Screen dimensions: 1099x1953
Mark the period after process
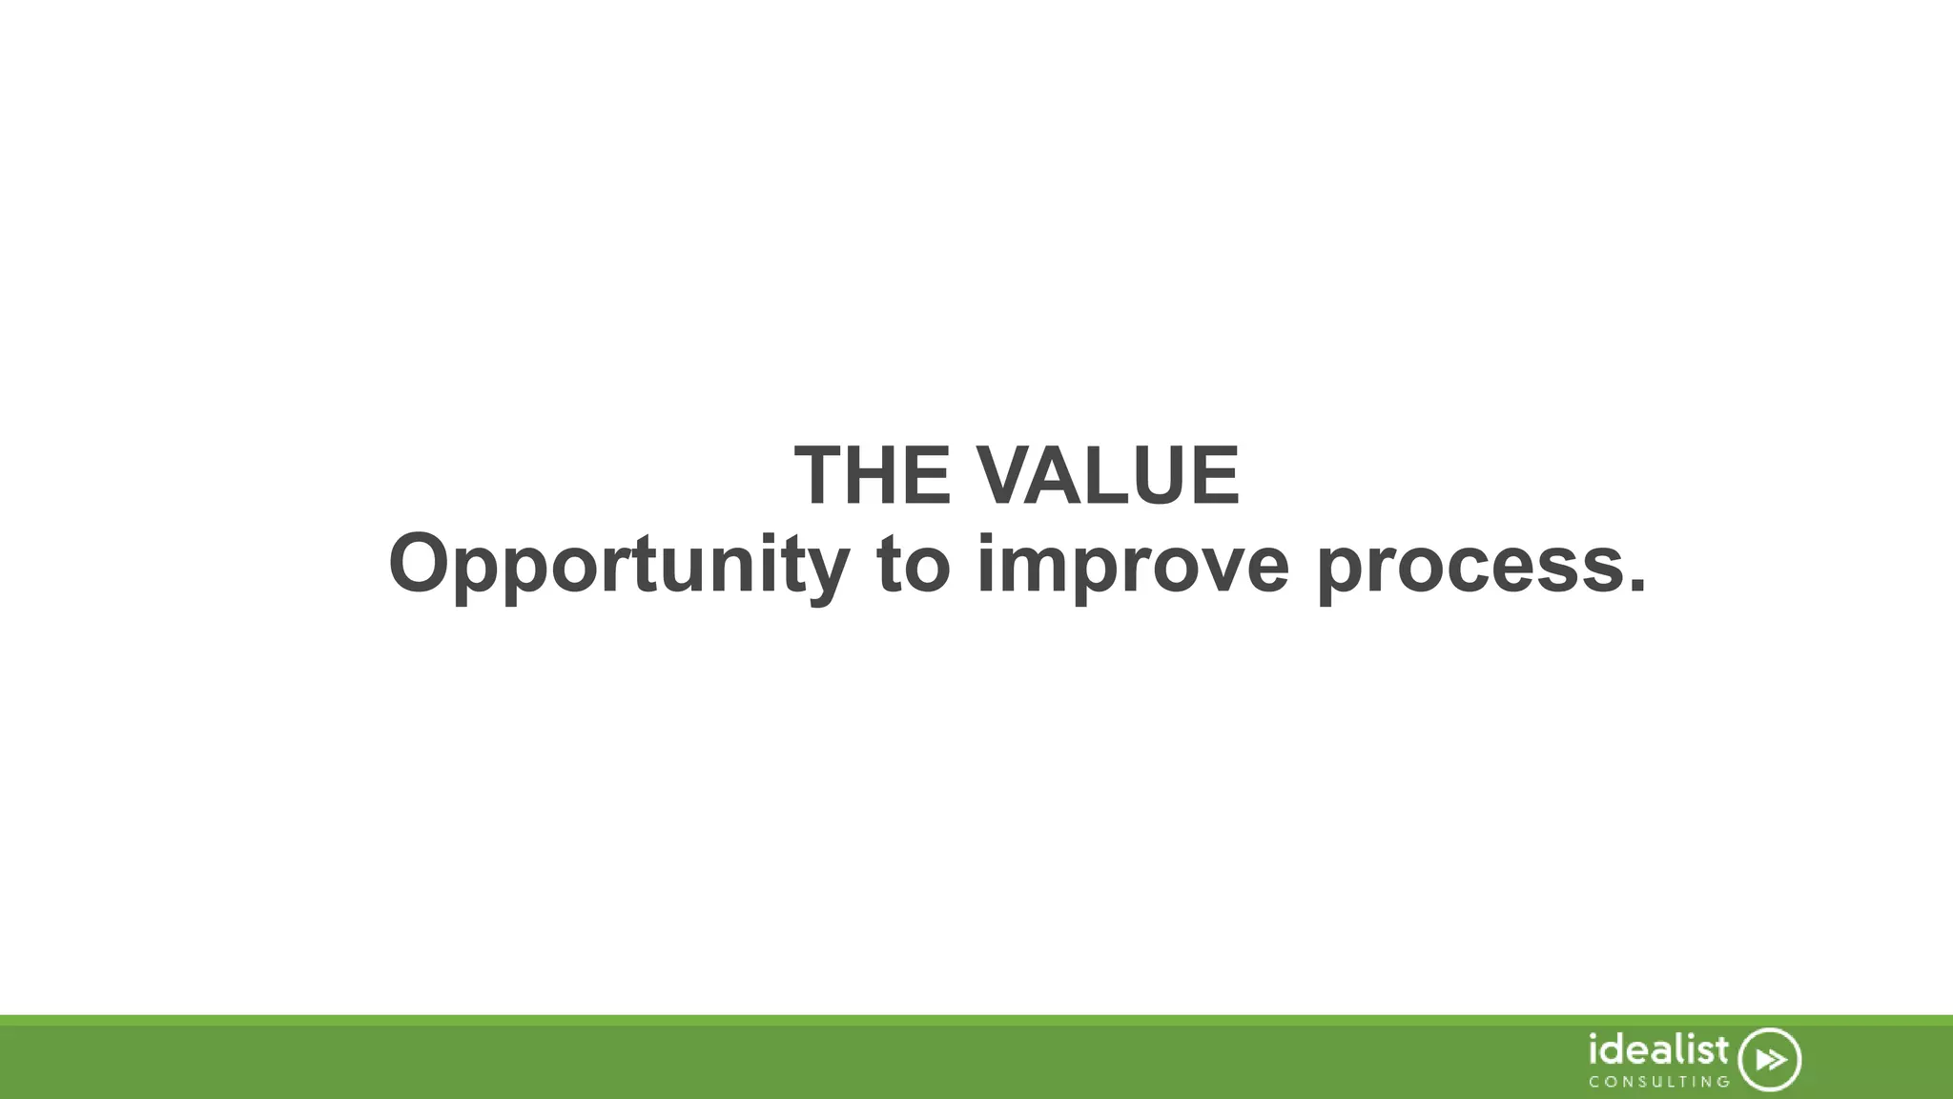pyautogui.click(x=1636, y=584)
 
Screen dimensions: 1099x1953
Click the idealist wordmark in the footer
pyautogui.click(x=1658, y=1050)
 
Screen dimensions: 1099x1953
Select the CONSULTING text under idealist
pyautogui.click(x=1659, y=1082)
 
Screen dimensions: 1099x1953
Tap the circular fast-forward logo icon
pyautogui.click(x=1770, y=1060)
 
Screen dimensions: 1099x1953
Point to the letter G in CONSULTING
pyautogui.click(x=1722, y=1082)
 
